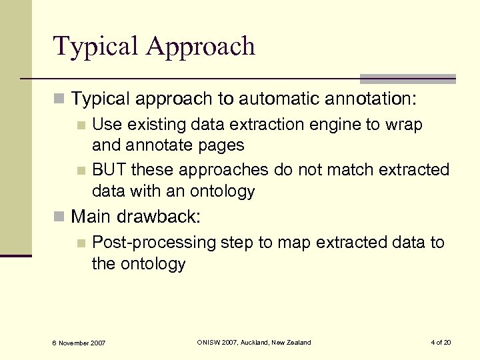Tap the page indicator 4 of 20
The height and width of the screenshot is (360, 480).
tap(441, 342)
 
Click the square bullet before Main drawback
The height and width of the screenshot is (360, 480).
tap(60, 217)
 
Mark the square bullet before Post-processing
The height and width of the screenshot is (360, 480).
tap(81, 243)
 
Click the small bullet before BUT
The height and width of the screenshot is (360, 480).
tap(81, 171)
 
